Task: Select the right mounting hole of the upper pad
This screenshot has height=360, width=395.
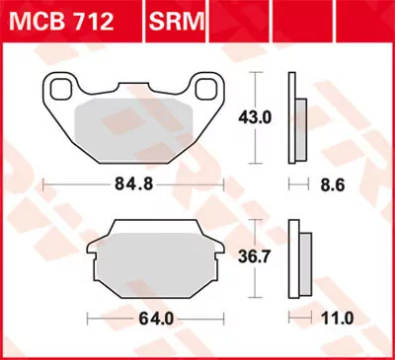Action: [208, 90]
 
